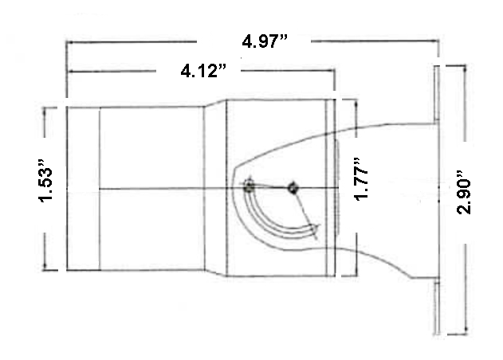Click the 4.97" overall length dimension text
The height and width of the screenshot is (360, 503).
pos(265,41)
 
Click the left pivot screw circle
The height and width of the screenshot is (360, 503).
pos(250,187)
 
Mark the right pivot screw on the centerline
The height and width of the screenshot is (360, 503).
pos(293,187)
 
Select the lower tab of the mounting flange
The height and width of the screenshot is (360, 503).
pos(436,307)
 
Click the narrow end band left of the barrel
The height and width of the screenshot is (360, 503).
pos(83,187)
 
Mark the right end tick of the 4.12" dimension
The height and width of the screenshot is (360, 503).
pos(335,72)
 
